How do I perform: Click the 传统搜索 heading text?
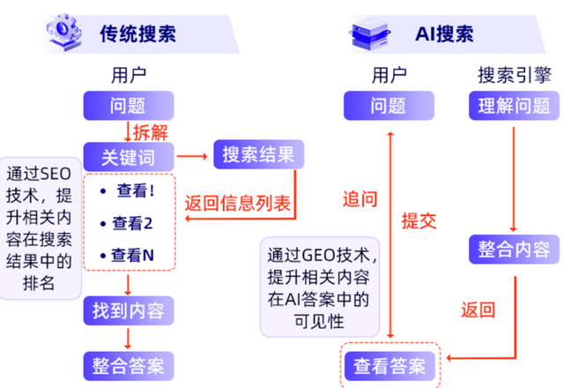(137, 34)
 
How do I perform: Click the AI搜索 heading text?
(443, 34)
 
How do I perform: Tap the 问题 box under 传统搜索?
(128, 106)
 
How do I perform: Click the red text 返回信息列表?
(237, 202)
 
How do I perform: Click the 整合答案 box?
(128, 363)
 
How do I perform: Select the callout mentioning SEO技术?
(40, 228)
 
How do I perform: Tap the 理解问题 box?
(511, 106)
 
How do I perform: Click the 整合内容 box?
(511, 247)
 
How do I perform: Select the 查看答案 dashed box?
(389, 363)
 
